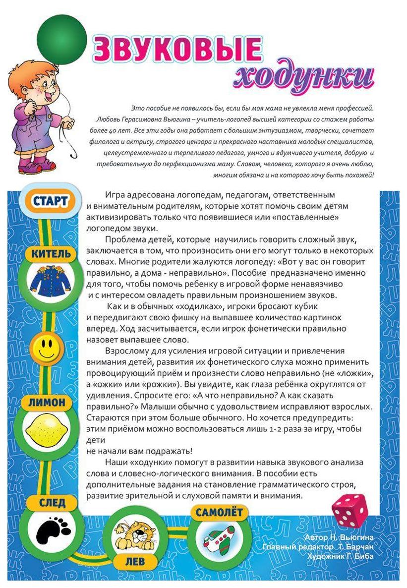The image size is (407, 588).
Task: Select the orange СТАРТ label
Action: coord(50,201)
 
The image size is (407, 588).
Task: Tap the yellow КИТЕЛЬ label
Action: coord(51,254)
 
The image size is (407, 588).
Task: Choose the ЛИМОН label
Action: coord(47,403)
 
